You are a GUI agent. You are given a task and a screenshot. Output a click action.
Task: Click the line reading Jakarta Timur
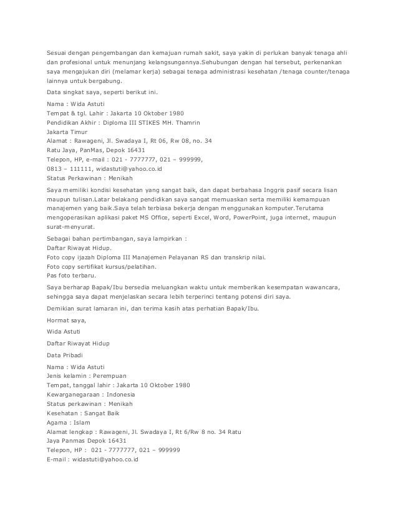pyautogui.click(x=68, y=132)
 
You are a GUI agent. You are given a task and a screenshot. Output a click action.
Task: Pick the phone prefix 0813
pyautogui.click(x=56, y=168)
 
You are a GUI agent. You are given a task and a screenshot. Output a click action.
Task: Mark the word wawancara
pyautogui.click(x=326, y=287)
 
